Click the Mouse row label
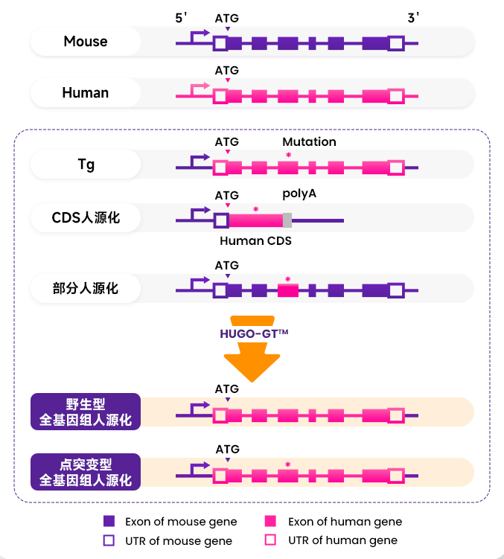click(86, 42)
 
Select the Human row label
click(86, 93)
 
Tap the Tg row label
click(86, 164)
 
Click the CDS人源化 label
click(86, 218)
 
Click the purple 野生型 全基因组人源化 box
click(86, 412)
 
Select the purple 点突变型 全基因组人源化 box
click(86, 472)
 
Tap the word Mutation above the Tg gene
click(309, 141)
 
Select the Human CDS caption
click(255, 240)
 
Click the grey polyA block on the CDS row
click(287, 220)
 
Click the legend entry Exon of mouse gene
click(170, 521)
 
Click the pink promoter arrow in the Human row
click(200, 89)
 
